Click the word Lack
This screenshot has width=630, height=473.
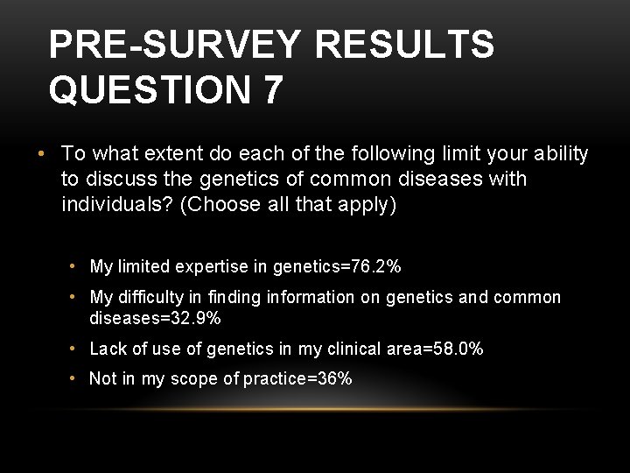point(108,349)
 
